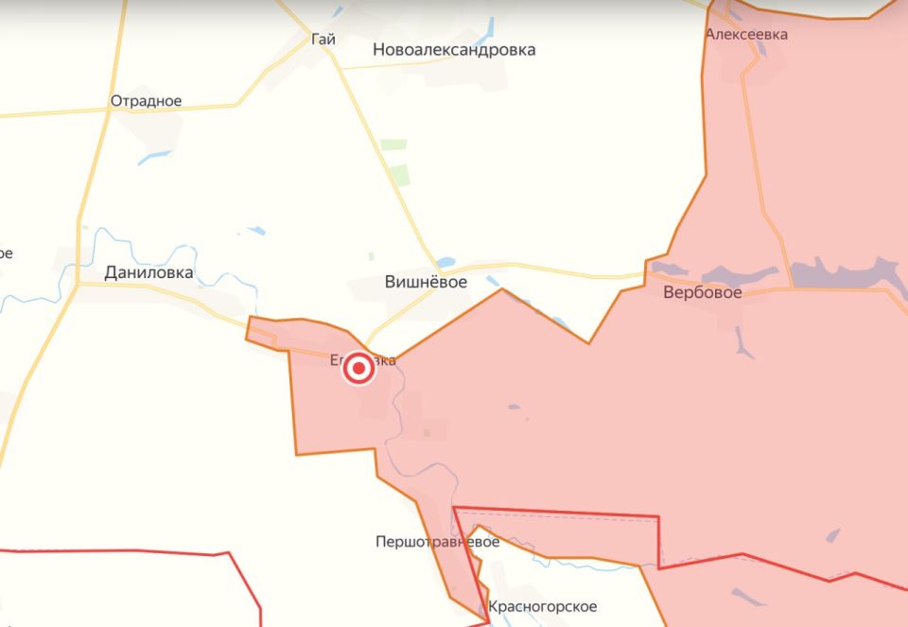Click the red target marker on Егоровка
[x=358, y=369]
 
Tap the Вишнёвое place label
[x=426, y=281]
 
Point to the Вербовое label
[x=702, y=292]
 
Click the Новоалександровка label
[x=454, y=49]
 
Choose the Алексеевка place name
[x=746, y=34]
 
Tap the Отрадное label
[x=146, y=101]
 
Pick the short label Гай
[x=323, y=40]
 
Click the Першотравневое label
[x=437, y=542]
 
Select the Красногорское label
[x=542, y=605]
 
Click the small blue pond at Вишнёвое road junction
[x=446, y=261]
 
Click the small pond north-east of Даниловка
[x=255, y=230]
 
